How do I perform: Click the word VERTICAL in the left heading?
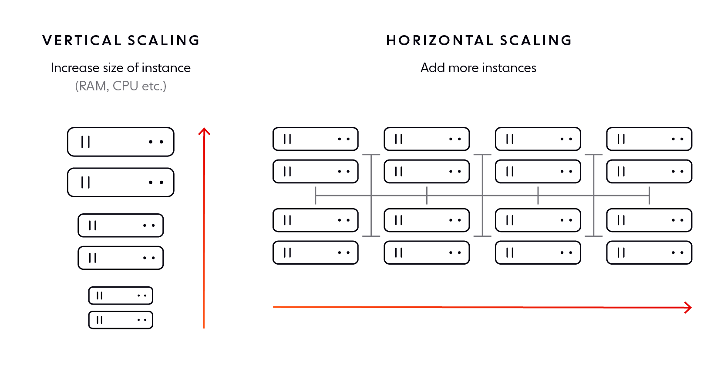82,40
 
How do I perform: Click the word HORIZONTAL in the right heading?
440,40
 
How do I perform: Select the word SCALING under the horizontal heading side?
536,40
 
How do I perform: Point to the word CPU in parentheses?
125,86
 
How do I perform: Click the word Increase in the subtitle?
75,68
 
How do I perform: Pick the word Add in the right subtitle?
432,68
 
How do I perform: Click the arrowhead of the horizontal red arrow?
688,308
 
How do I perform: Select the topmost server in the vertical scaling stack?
121,142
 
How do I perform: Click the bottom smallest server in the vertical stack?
121,320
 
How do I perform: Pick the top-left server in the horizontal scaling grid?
315,139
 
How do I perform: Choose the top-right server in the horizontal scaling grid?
649,139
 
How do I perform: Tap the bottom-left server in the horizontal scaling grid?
315,252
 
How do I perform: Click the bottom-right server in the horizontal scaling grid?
649,252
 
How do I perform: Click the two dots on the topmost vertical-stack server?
156,142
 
